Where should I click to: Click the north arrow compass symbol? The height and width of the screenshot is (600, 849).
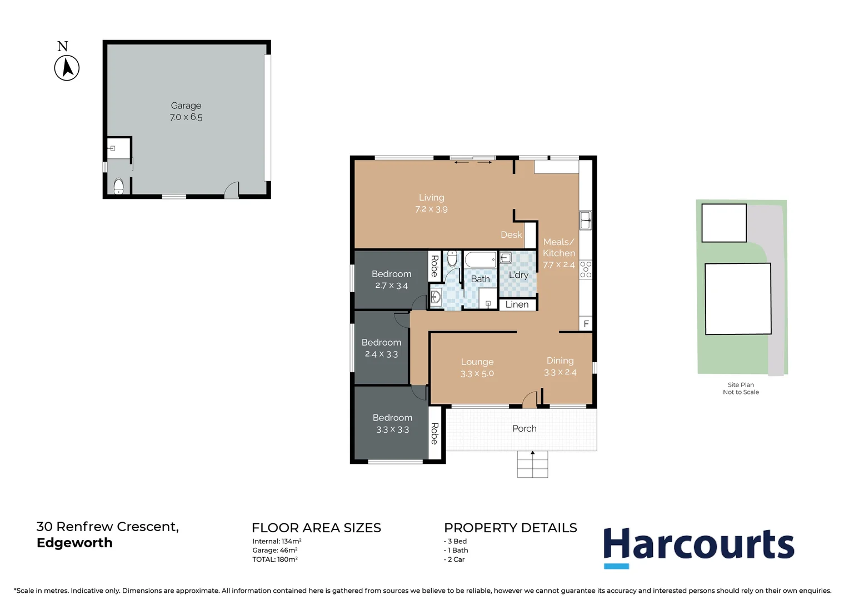(x=67, y=68)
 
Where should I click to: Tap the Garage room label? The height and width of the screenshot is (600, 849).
(x=186, y=106)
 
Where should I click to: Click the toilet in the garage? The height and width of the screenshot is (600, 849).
(x=118, y=186)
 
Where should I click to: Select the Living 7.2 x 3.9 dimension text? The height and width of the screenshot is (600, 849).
(x=431, y=209)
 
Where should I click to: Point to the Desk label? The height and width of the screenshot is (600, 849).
(x=511, y=235)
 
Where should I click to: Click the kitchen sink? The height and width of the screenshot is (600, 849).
(x=585, y=220)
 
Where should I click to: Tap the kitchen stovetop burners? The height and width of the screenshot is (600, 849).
(x=586, y=269)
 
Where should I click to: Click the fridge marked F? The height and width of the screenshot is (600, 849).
(x=586, y=324)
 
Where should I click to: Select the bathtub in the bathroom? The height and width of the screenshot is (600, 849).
(x=480, y=259)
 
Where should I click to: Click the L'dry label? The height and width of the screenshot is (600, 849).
(x=518, y=275)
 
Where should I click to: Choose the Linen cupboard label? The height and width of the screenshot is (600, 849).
(x=517, y=304)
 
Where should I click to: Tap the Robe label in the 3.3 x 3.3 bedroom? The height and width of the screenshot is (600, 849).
(x=435, y=433)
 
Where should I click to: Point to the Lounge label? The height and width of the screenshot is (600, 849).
(x=477, y=362)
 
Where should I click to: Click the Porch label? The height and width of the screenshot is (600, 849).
(x=524, y=428)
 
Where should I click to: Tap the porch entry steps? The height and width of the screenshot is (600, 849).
(x=532, y=464)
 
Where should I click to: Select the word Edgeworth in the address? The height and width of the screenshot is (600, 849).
(x=74, y=543)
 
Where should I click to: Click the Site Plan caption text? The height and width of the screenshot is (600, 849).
(x=741, y=384)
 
